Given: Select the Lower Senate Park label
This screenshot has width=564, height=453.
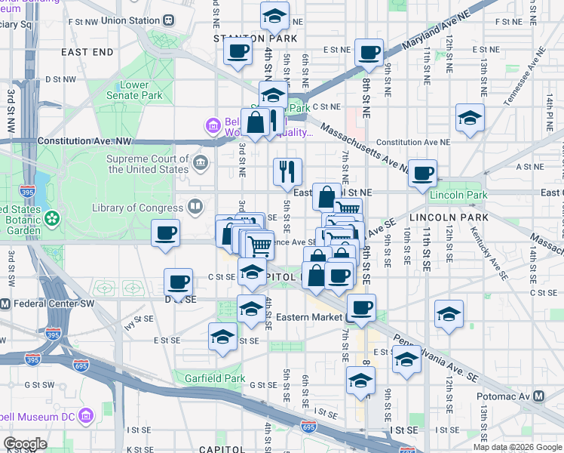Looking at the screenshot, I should (x=134, y=91).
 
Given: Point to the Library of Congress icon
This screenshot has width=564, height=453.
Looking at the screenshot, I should (x=195, y=207).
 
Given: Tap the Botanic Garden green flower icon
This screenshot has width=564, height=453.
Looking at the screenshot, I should (x=52, y=219).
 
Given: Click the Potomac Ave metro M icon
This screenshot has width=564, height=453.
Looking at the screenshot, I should (x=539, y=396).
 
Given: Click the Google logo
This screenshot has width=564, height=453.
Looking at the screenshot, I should (x=25, y=443).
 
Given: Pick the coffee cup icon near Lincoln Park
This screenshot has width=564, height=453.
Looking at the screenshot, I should (x=423, y=172).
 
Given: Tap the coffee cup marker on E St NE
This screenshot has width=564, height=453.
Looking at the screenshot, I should (x=369, y=52).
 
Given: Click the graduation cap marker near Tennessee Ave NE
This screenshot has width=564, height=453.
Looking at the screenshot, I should (x=470, y=118).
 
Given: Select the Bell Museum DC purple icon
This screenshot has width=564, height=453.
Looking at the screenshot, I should (x=84, y=416).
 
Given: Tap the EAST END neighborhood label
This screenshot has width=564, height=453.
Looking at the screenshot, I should (x=87, y=52).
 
